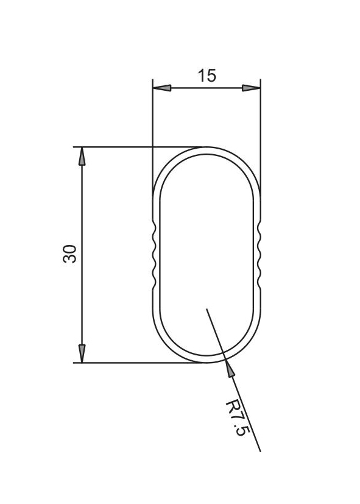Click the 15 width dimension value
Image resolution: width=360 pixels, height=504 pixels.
[207, 76]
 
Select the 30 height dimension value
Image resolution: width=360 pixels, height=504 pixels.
[69, 254]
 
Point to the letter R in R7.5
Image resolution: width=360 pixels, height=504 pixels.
[232, 406]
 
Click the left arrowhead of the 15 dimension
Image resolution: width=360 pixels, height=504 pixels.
[162, 88]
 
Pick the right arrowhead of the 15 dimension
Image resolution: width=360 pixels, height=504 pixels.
[251, 88]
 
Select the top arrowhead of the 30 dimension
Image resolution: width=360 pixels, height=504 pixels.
[82, 156]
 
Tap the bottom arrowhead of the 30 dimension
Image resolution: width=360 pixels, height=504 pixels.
[82, 353]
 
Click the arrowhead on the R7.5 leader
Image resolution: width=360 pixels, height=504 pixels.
[229, 368]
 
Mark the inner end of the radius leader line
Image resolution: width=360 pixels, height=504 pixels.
[206, 308]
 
